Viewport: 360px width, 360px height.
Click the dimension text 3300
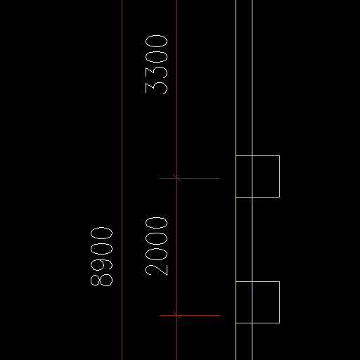tap(156, 65)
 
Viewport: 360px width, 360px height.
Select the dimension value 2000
tap(156, 246)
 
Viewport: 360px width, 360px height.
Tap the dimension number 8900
tap(101, 257)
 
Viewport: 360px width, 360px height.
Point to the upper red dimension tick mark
tap(176, 178)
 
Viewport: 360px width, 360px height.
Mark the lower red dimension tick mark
tap(176, 315)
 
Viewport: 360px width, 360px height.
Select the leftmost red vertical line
tap(122, 180)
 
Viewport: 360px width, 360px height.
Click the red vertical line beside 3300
tap(176, 180)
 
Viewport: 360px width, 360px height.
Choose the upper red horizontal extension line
tap(190, 178)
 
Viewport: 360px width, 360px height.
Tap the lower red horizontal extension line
tap(190, 315)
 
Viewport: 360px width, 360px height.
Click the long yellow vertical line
tap(236, 180)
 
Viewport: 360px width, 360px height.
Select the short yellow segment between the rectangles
tap(252, 239)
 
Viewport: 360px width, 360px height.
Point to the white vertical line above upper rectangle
tap(252, 77)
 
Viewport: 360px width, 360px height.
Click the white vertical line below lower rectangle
tap(252, 342)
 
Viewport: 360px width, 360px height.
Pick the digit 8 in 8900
tap(101, 280)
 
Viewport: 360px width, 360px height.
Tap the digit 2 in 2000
tap(156, 270)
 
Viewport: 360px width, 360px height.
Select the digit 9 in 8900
tap(101, 264)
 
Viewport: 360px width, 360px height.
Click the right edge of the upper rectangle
tap(279, 176)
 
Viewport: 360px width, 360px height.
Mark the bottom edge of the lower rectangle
tap(257, 323)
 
